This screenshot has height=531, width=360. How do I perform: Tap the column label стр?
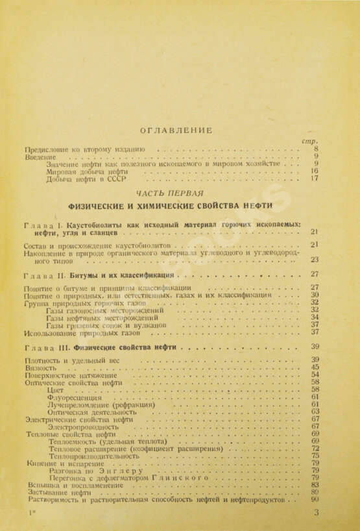(309, 141)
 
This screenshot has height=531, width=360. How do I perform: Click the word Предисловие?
(44, 149)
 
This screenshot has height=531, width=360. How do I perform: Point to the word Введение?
(38, 156)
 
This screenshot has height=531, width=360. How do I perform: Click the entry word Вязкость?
(38, 367)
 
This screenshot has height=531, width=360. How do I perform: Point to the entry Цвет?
(56, 389)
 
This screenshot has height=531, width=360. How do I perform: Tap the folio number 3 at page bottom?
(316, 513)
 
